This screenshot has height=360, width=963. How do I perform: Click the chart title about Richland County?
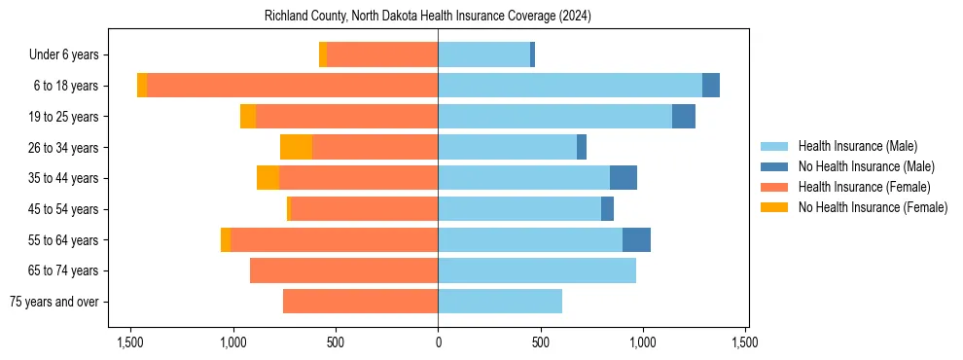click(x=428, y=17)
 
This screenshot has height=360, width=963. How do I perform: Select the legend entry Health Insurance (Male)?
click(x=856, y=146)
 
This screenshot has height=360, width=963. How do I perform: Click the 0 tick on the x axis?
click(x=438, y=342)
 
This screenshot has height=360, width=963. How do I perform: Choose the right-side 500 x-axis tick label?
click(x=541, y=342)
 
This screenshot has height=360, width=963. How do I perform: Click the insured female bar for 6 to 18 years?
click(x=292, y=86)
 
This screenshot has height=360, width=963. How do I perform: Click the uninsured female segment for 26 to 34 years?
click(x=296, y=147)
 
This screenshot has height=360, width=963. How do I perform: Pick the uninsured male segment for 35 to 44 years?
click(x=624, y=178)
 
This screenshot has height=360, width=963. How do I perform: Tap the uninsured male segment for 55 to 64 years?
click(x=636, y=239)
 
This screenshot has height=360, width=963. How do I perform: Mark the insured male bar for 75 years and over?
click(x=500, y=302)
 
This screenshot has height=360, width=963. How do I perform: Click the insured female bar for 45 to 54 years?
click(x=365, y=209)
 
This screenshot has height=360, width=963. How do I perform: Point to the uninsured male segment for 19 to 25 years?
click(x=684, y=117)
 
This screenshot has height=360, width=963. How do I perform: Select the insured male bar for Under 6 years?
click(x=483, y=55)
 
